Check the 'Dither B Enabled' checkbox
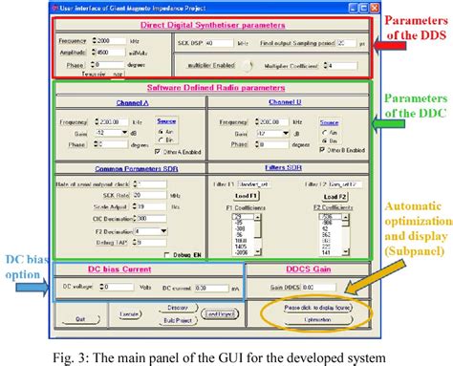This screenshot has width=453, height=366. (x=320, y=151)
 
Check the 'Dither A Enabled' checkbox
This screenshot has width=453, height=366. (x=159, y=151)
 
